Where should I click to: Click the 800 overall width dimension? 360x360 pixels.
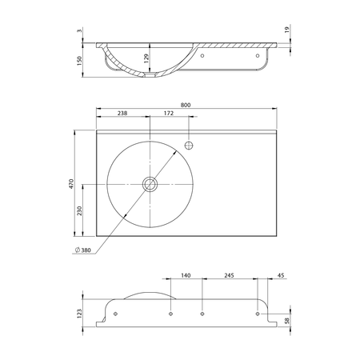click(186, 105)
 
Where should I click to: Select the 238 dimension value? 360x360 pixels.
click(122, 113)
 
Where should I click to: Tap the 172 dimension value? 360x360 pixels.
click(169, 113)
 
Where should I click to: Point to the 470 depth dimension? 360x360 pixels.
click(71, 184)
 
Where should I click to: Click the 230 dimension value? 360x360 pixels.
click(79, 210)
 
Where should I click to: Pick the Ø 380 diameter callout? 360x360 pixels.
click(83, 250)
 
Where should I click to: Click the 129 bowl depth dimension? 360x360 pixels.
click(146, 58)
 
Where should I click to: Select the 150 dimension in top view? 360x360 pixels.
click(79, 61)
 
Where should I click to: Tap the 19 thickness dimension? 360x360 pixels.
click(287, 30)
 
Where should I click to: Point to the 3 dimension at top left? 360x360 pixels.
click(79, 30)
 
